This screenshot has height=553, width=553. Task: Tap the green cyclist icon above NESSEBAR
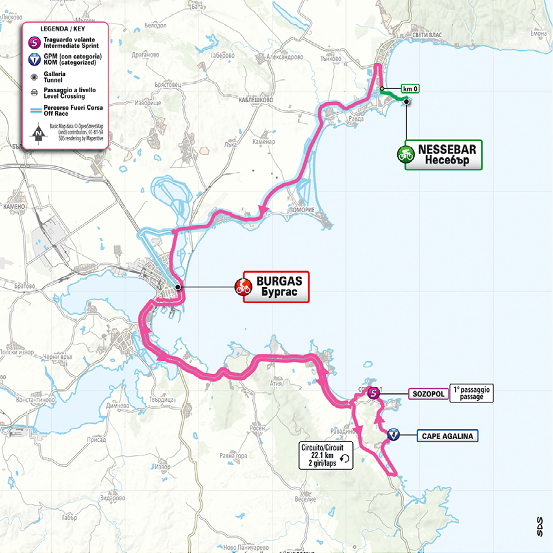pos(406,155)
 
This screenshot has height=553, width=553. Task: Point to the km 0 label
pos(410,88)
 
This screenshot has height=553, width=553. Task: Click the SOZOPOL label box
pos(426,393)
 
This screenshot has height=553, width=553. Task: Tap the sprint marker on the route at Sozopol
pos(373,393)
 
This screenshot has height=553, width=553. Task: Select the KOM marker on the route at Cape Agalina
pos(393,436)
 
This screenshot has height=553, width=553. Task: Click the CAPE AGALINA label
pos(447,436)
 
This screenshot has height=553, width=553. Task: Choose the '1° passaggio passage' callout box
pos(473,393)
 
